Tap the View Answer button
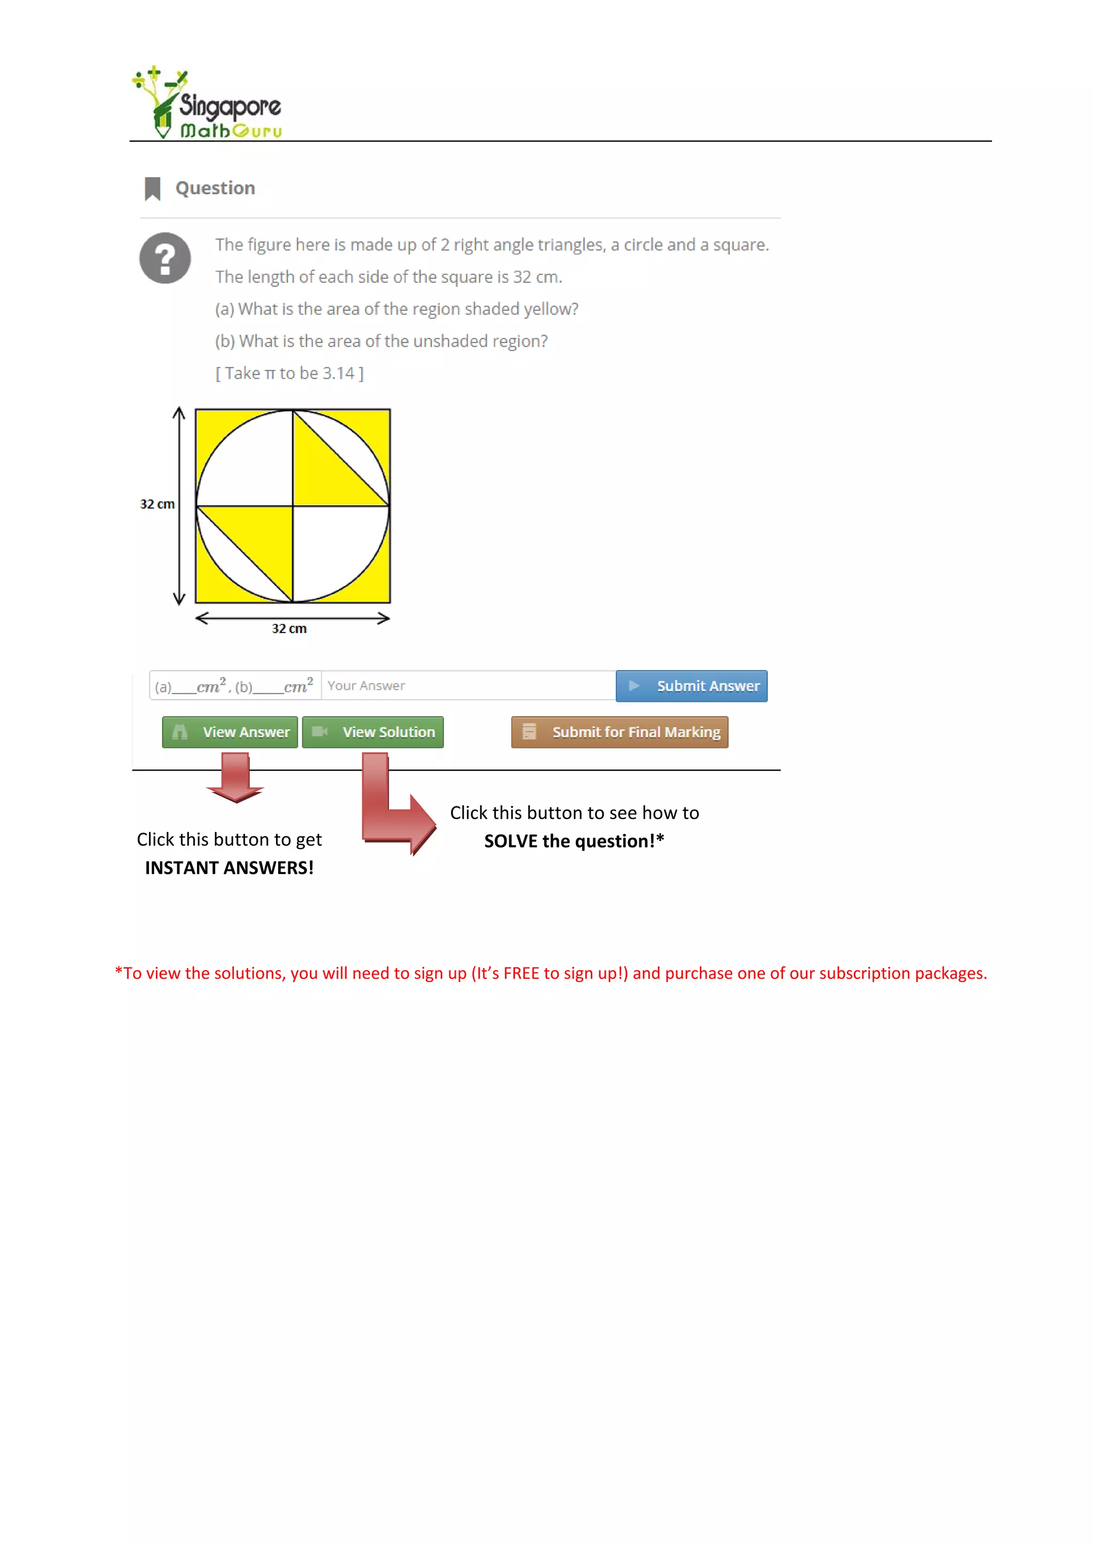click(x=229, y=732)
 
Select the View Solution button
click(x=373, y=732)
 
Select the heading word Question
click(x=215, y=188)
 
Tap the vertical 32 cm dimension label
click(x=157, y=504)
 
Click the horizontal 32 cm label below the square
click(x=289, y=628)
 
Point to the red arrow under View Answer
click(x=235, y=778)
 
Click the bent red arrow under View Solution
click(x=391, y=815)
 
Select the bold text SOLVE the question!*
click(x=574, y=841)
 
